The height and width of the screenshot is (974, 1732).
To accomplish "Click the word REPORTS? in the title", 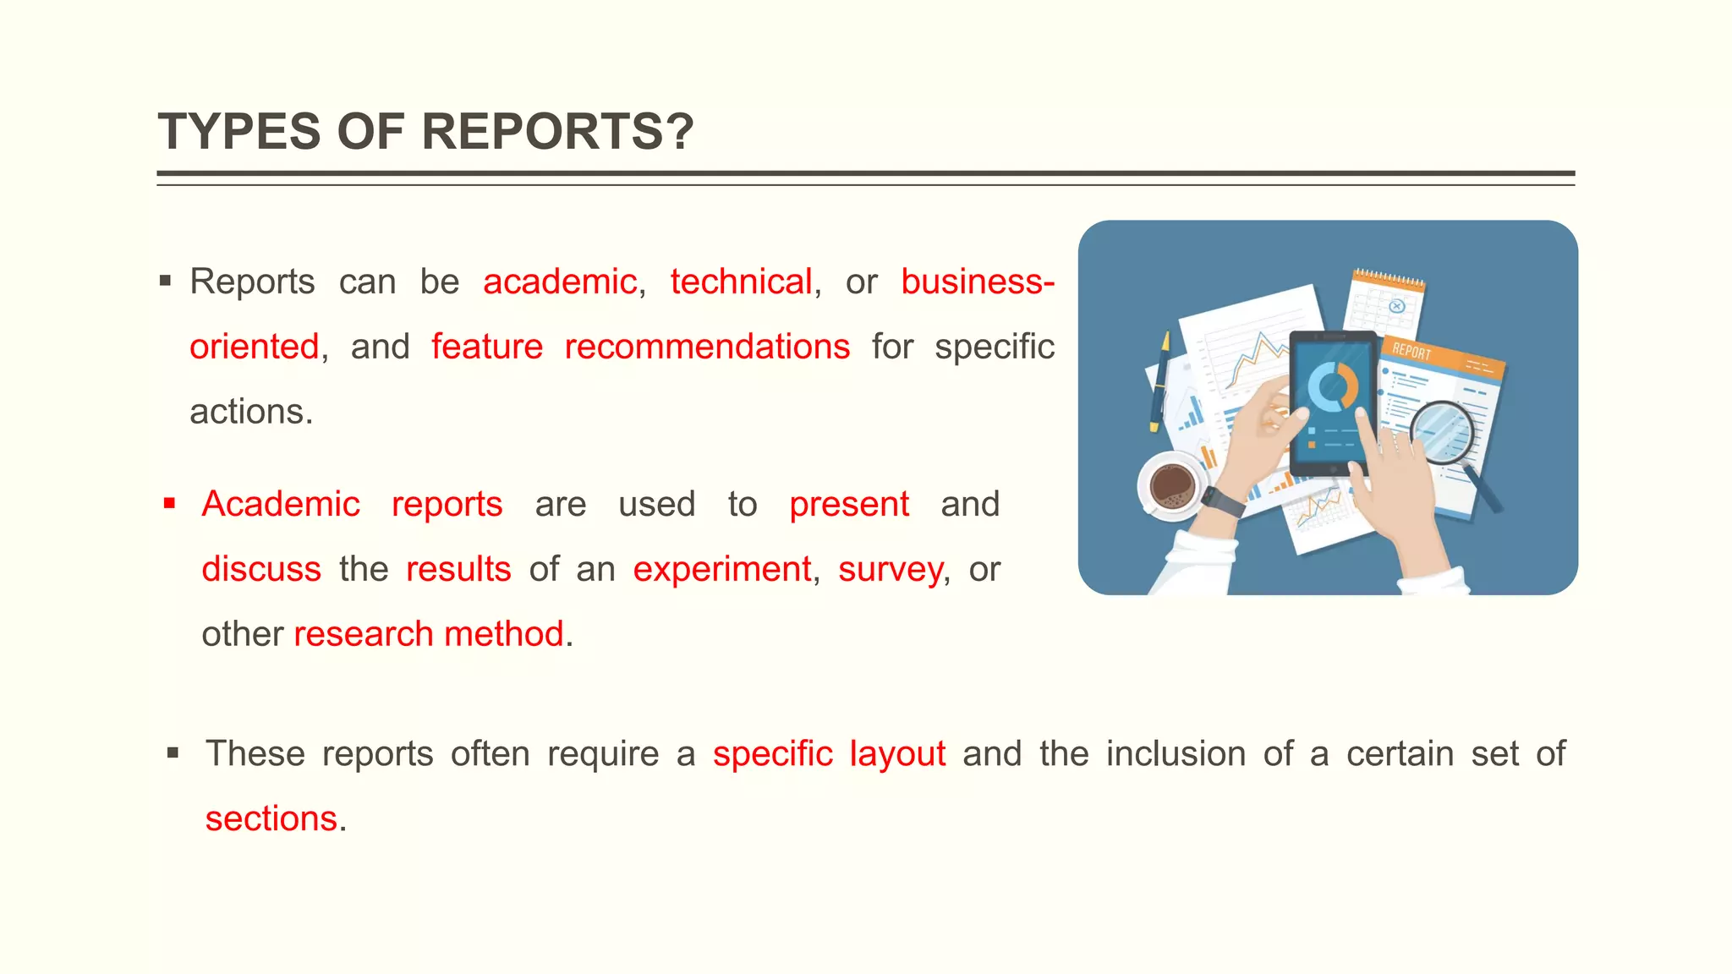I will [x=557, y=132].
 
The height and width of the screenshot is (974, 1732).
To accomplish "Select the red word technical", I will [x=741, y=282].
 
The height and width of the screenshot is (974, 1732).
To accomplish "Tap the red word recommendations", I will [x=707, y=347].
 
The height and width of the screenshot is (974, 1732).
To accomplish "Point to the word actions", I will [x=251, y=412].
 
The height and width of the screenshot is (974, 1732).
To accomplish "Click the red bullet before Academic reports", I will [x=170, y=504].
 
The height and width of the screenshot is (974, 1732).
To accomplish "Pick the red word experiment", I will [x=722, y=569].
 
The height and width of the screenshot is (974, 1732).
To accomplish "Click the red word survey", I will [x=891, y=570].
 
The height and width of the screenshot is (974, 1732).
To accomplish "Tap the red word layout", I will [x=897, y=754].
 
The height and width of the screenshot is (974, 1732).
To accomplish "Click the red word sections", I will [x=271, y=818].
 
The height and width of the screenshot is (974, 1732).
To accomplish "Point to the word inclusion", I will [x=1176, y=753].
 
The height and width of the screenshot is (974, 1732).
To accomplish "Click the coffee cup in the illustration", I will [x=1170, y=486].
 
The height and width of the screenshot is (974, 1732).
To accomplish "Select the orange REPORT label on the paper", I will [x=1412, y=350].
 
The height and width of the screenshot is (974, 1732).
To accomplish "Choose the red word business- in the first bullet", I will [x=978, y=282].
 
